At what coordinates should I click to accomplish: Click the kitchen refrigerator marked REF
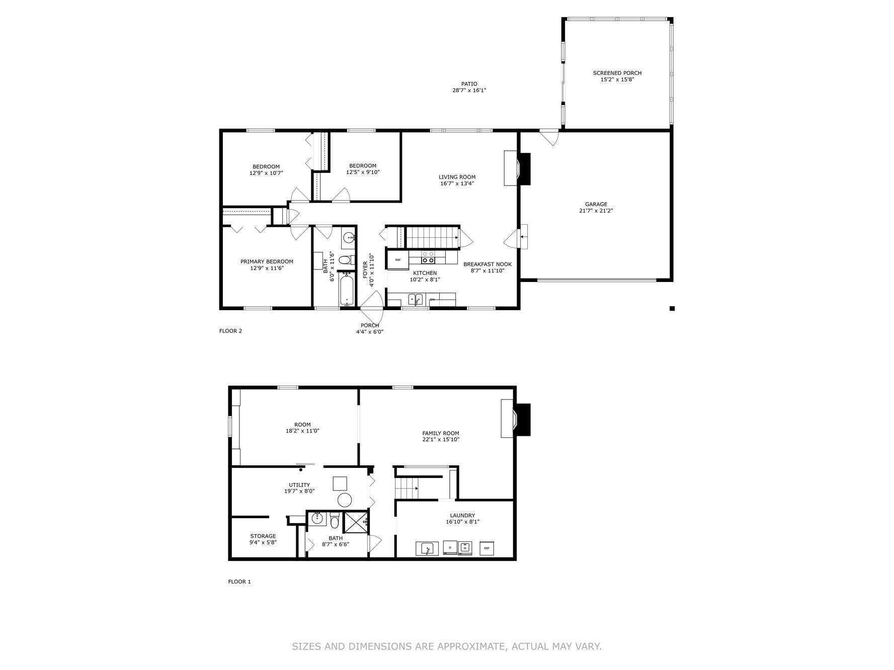(x=398, y=260)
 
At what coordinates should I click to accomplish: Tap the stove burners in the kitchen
(x=428, y=257)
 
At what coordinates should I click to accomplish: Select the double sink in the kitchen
(x=416, y=299)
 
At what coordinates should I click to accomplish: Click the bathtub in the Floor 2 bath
(x=347, y=289)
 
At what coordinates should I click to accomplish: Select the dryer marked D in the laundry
(x=450, y=548)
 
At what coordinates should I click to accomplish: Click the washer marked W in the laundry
(x=465, y=548)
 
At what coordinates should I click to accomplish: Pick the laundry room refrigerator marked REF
(x=486, y=548)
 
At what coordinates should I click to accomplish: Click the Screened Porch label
(x=617, y=73)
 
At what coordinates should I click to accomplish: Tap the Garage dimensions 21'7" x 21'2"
(x=596, y=211)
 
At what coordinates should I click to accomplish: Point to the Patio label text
(x=469, y=84)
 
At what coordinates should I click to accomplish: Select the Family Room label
(x=441, y=433)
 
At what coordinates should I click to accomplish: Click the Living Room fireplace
(x=517, y=168)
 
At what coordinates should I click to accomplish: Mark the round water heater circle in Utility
(x=345, y=500)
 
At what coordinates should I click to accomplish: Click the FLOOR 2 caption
(x=230, y=331)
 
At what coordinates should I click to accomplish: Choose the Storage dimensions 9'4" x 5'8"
(x=263, y=542)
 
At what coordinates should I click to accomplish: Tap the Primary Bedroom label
(x=267, y=261)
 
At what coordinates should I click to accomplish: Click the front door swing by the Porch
(x=373, y=307)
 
